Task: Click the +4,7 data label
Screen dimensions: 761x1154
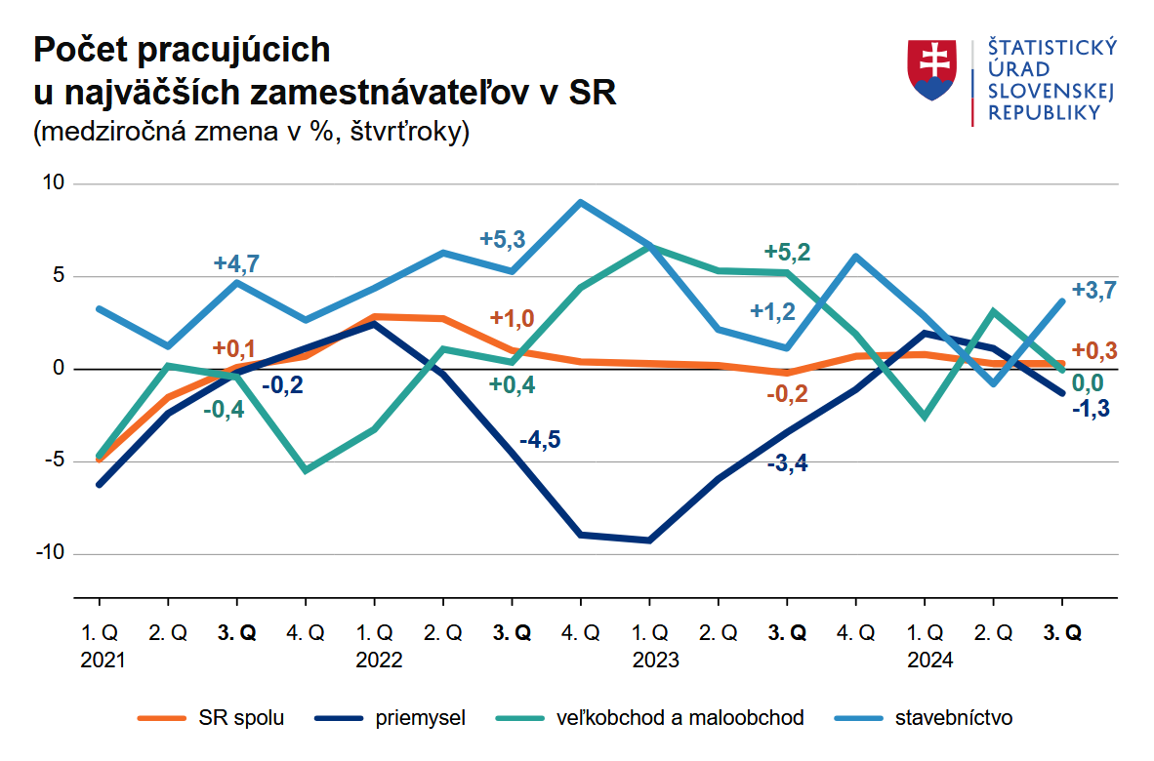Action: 237,262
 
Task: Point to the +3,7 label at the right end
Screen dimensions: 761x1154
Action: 1093,290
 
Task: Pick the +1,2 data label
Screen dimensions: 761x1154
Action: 772,311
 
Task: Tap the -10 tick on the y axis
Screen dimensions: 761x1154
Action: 49,553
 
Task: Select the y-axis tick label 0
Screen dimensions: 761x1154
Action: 58,369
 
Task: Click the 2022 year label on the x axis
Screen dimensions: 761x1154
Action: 377,660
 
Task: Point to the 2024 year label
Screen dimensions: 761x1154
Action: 931,660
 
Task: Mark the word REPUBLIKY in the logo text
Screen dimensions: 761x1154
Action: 1044,112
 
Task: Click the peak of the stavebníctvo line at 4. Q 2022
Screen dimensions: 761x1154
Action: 580,203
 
